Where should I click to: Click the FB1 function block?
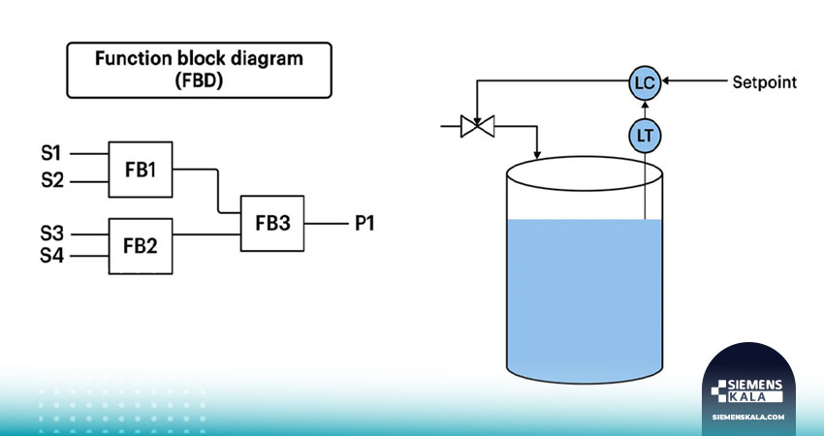pos(141,170)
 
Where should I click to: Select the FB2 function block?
pos(141,246)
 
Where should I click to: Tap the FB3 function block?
pos(272,223)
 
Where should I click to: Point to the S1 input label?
pos(51,153)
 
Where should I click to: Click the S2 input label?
pos(52,181)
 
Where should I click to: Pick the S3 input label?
pos(52,234)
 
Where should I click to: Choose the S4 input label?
pos(52,256)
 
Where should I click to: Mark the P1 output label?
pos(364,224)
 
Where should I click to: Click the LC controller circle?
pos(645,82)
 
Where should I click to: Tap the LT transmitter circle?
pos(645,137)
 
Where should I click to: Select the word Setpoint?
pos(765,82)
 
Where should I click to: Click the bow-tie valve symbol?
pos(477,126)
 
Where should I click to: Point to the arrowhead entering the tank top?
pos(537,154)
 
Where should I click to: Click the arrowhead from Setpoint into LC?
pos(665,80)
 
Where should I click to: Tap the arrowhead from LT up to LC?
pos(645,104)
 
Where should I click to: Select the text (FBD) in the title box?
pos(199,80)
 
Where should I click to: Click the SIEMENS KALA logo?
pos(746,390)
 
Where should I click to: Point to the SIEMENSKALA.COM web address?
pos(748,417)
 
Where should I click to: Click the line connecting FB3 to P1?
pos(327,224)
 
